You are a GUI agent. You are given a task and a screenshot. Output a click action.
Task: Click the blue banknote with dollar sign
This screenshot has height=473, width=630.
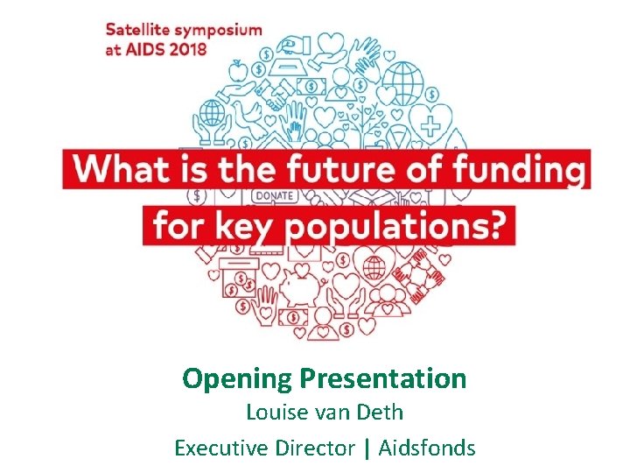pos(313,87)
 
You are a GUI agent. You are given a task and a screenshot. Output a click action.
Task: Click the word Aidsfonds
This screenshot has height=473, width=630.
pos(427,448)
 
